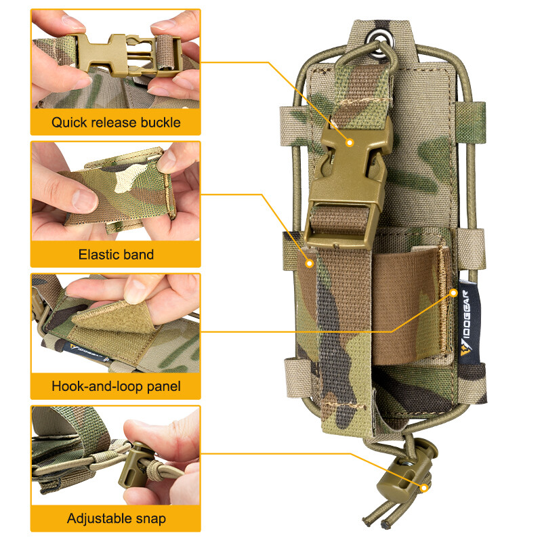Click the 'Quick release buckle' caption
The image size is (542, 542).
click(x=116, y=123)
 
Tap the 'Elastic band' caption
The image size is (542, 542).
click(x=116, y=255)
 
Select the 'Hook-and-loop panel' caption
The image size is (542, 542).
click(x=116, y=388)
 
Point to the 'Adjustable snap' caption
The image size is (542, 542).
click(x=116, y=519)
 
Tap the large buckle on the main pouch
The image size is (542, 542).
click(x=347, y=183)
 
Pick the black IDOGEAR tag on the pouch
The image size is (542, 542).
click(x=467, y=328)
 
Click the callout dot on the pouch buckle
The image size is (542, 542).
click(x=350, y=142)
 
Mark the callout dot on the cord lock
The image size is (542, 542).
click(x=425, y=487)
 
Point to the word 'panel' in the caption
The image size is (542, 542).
click(x=163, y=388)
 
